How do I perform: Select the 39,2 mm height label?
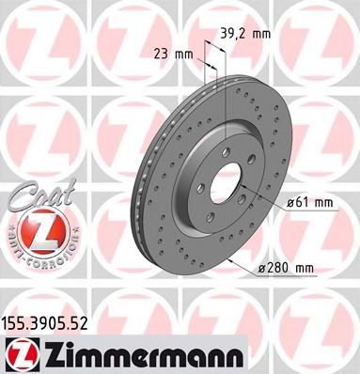(x=245, y=33)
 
